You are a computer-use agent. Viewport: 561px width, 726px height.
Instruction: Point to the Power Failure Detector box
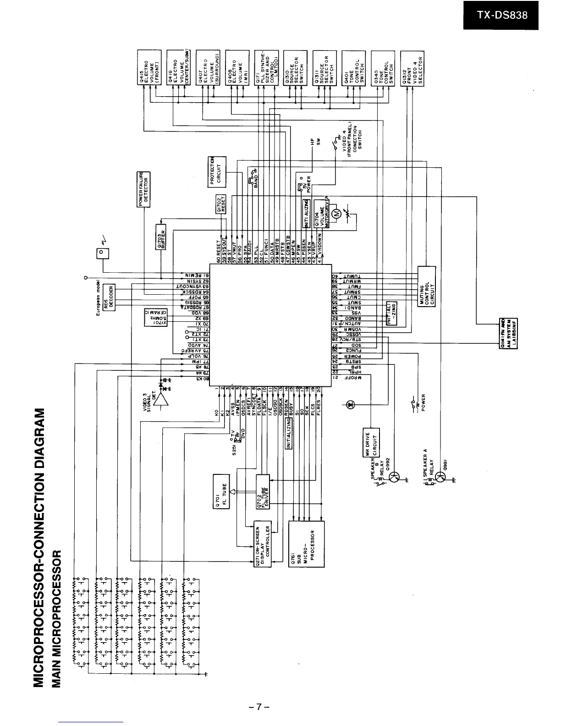click(x=144, y=189)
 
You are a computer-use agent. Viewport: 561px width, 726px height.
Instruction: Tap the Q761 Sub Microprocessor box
click(x=306, y=544)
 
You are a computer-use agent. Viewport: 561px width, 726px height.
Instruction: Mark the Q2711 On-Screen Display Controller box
click(x=263, y=544)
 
